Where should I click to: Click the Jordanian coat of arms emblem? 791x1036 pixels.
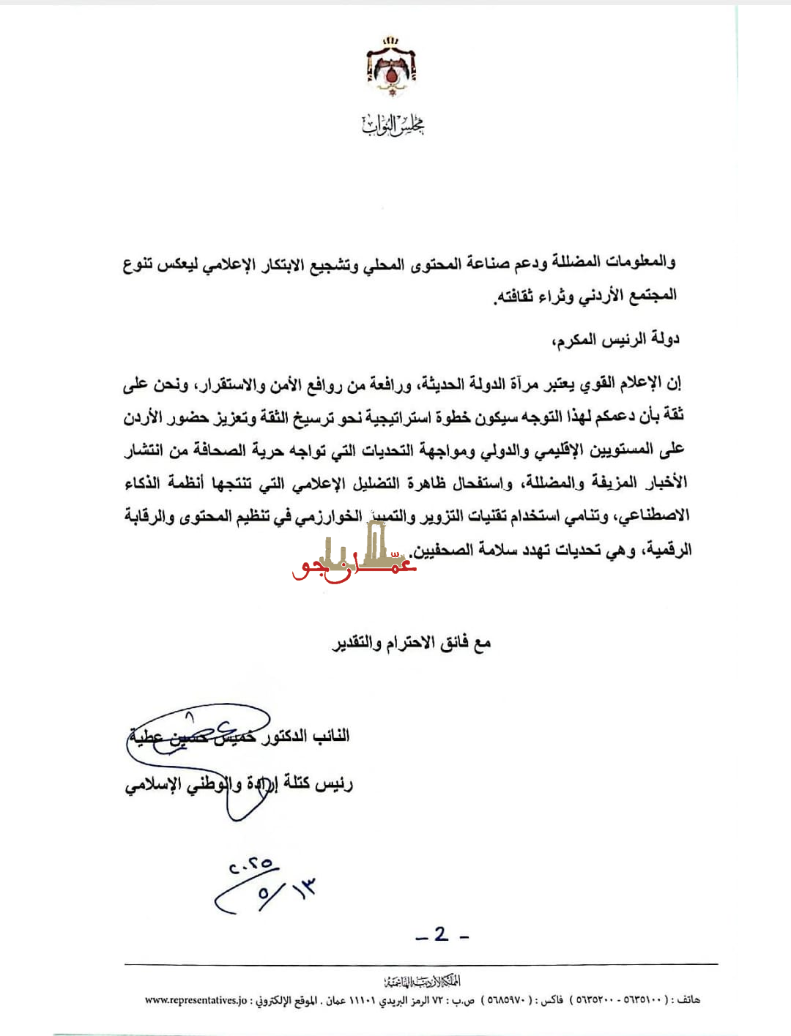[392, 67]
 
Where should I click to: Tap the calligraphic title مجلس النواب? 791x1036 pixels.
[393, 125]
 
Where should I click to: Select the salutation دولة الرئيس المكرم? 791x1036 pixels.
[616, 339]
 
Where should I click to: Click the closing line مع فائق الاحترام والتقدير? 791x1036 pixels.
[411, 643]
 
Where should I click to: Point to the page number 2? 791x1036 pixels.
[441, 934]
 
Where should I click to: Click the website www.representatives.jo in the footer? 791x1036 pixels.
[196, 1000]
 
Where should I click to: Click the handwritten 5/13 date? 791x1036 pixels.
[286, 892]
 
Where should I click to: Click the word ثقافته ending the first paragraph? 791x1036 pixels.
[515, 296]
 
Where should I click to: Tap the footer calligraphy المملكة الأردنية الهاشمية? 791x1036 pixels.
[422, 981]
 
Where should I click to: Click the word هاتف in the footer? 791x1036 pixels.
[688, 1000]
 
